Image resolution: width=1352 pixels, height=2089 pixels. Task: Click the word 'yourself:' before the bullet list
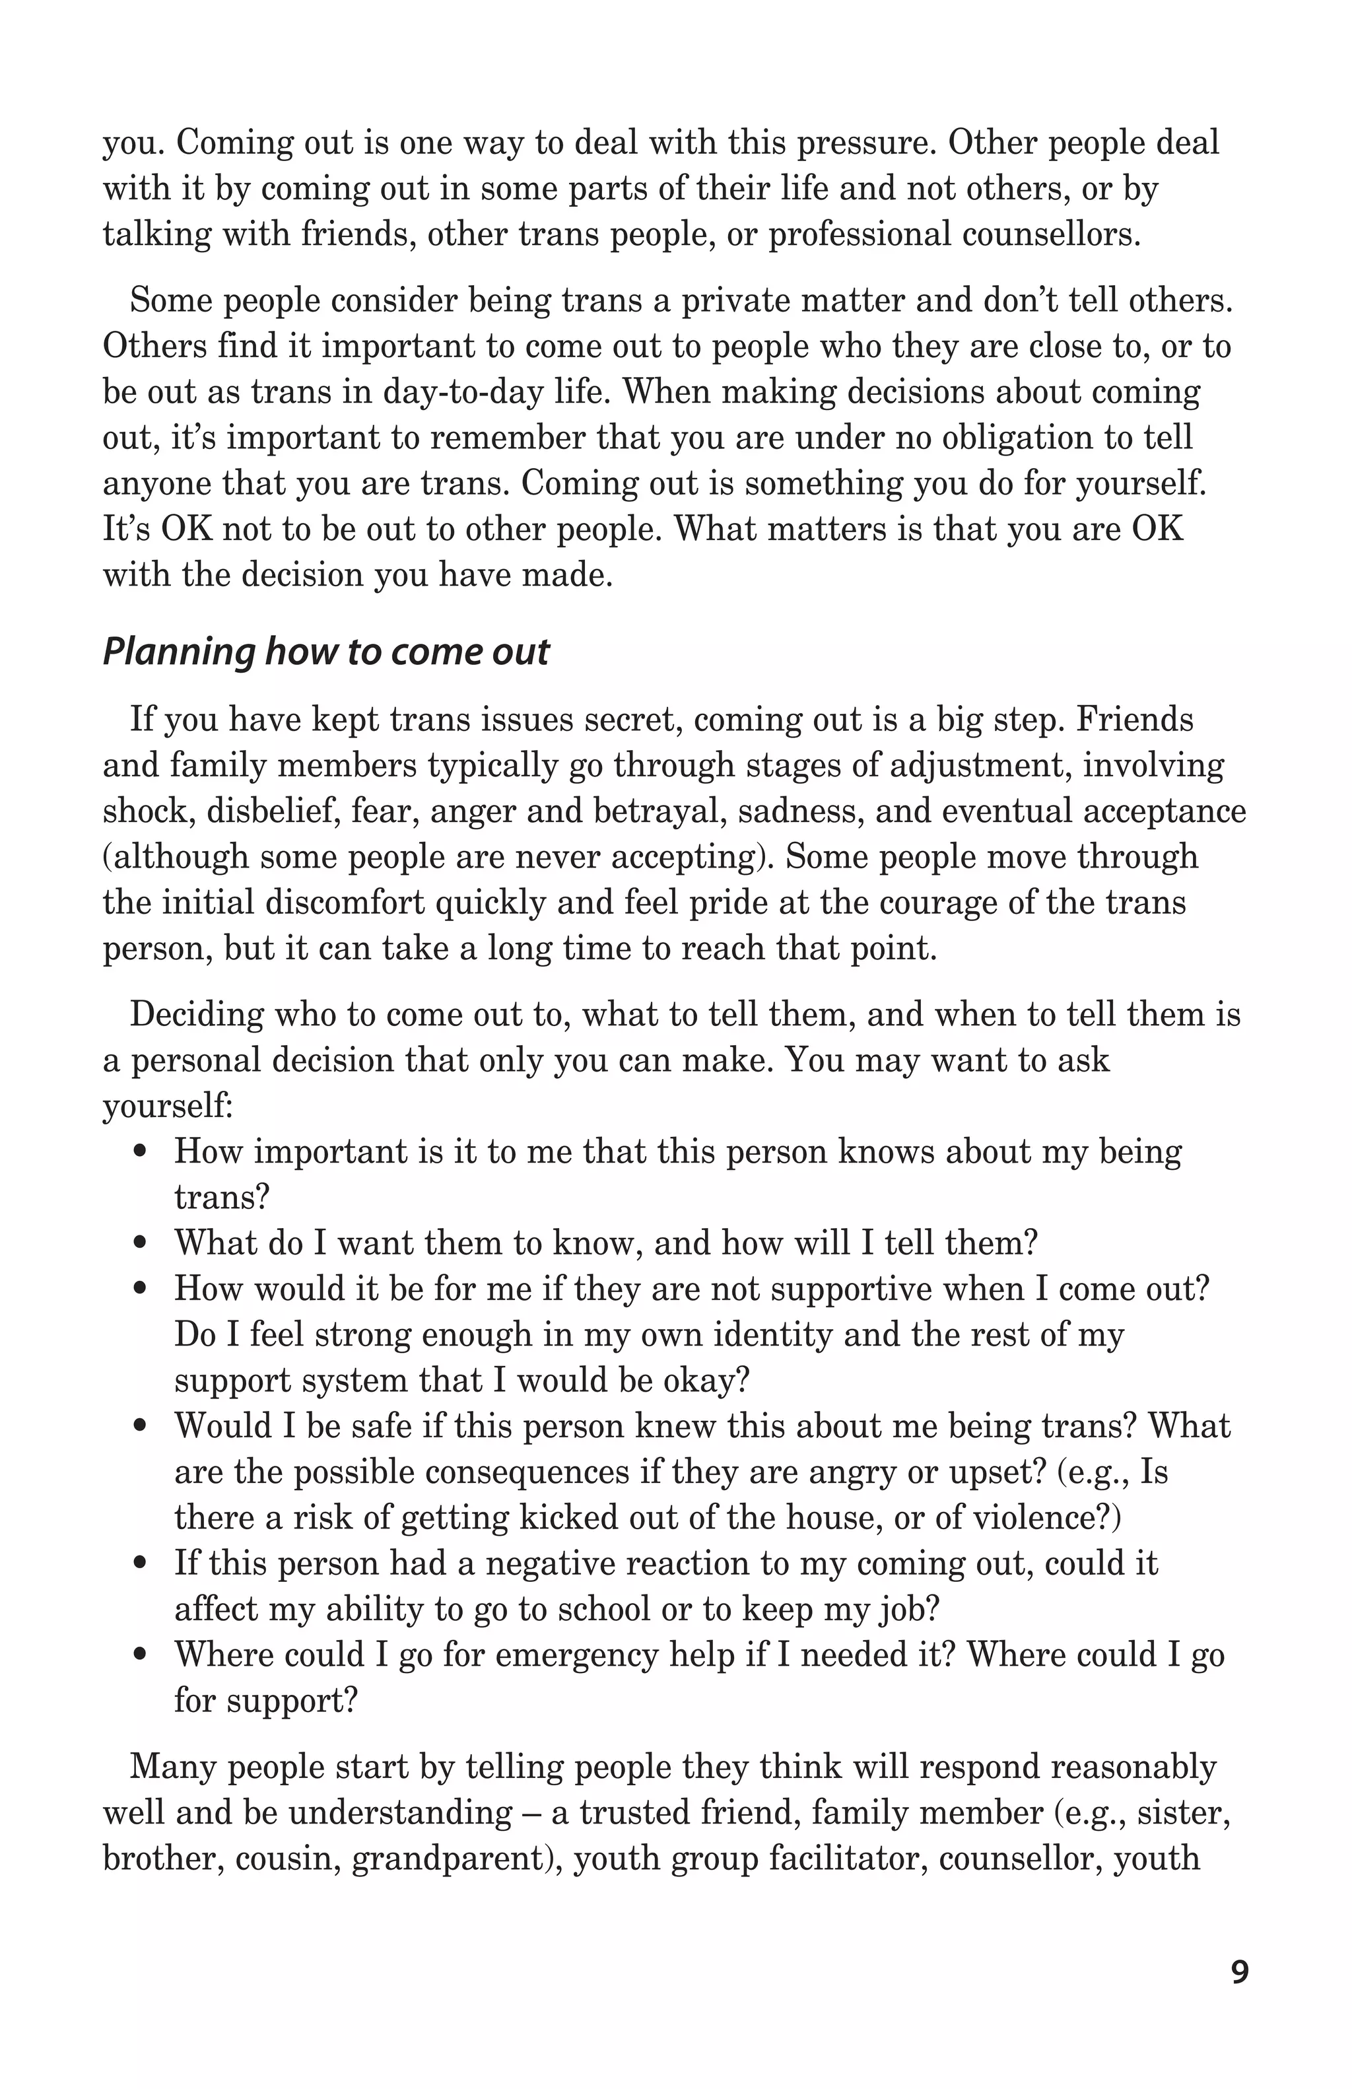pyautogui.click(x=168, y=1107)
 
